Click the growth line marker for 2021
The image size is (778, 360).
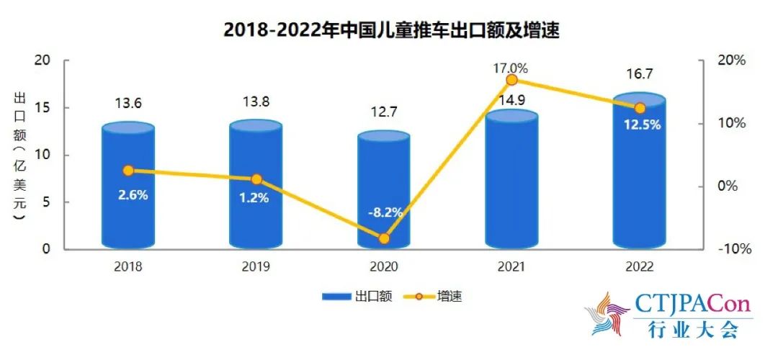511,80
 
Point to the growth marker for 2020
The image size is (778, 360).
383,238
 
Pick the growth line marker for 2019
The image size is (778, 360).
256,179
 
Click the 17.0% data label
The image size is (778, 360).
510,68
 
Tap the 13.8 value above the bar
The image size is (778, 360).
256,102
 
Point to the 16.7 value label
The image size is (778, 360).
638,74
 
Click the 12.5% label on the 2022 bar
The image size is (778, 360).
639,125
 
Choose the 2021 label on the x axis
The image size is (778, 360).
511,267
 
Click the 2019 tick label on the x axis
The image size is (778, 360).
256,267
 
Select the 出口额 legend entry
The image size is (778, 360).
357,296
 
